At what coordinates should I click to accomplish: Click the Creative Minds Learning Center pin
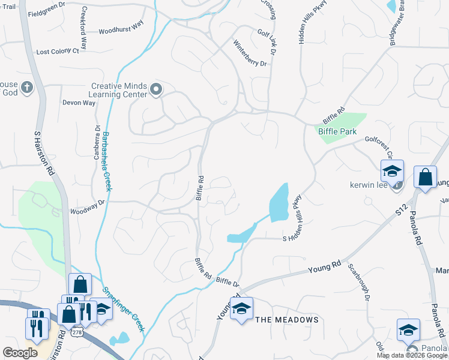click(x=156, y=90)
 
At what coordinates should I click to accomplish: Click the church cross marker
click(x=26, y=88)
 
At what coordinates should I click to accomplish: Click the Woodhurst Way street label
click(x=121, y=29)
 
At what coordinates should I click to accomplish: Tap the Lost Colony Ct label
click(x=58, y=52)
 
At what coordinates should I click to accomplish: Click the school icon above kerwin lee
click(x=392, y=170)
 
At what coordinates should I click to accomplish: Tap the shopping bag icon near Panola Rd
click(x=425, y=177)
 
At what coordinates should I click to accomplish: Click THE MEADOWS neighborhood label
click(x=287, y=320)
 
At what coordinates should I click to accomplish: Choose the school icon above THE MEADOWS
click(x=241, y=308)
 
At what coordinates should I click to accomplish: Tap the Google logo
click(x=20, y=352)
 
